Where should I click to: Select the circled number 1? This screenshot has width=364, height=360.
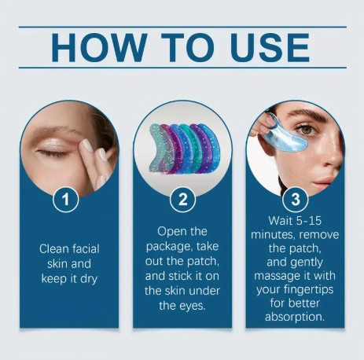click(68, 200)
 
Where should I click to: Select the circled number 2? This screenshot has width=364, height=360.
click(182, 200)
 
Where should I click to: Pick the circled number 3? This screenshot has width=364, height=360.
click(295, 200)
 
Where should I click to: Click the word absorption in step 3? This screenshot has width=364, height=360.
click(295, 318)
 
